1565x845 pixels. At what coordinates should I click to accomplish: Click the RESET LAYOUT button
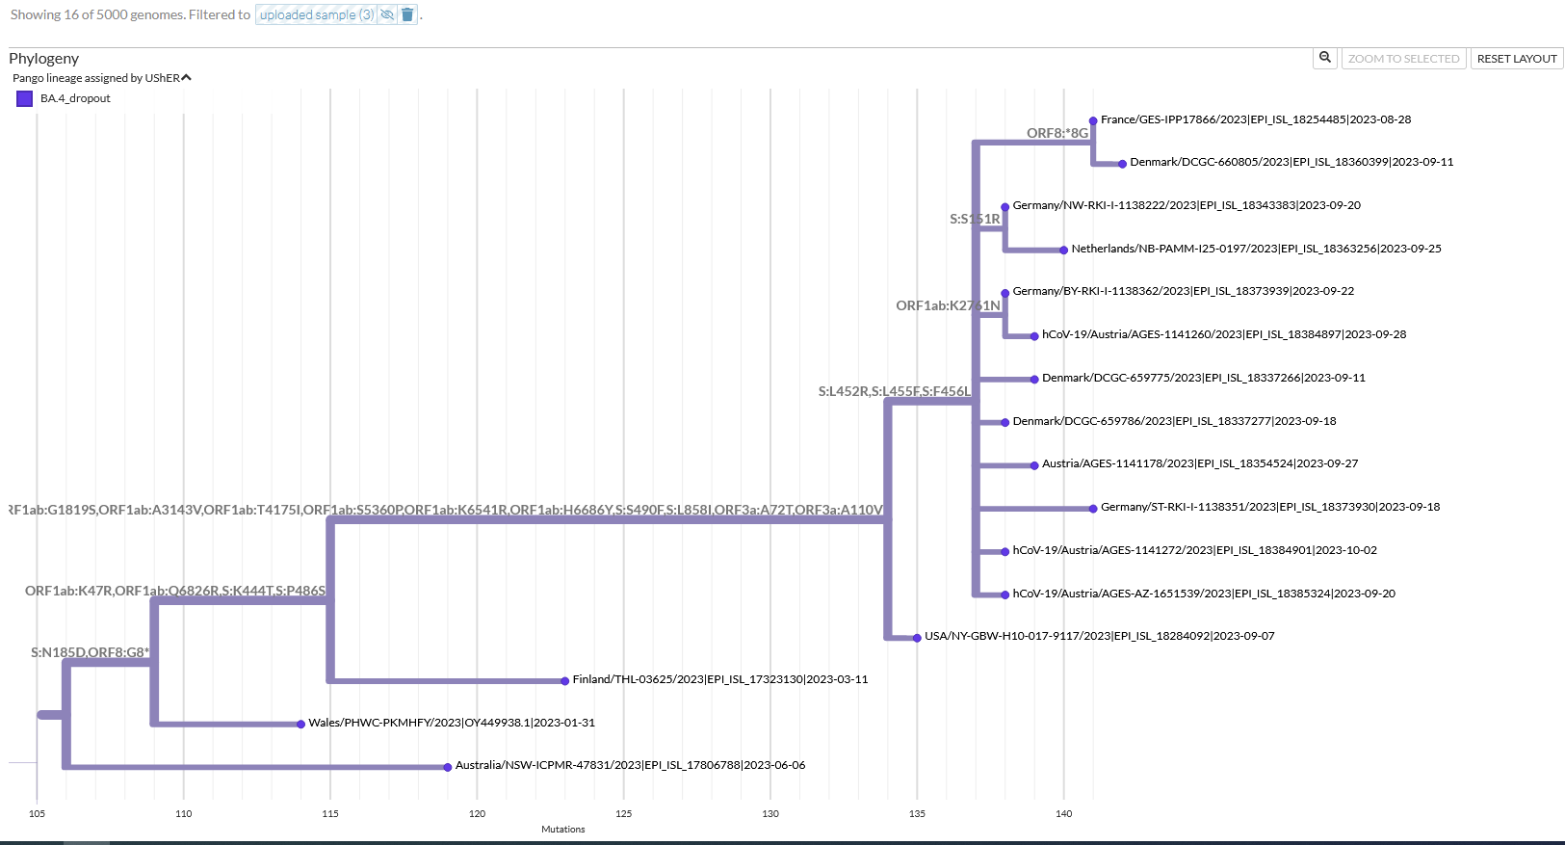[x=1516, y=59]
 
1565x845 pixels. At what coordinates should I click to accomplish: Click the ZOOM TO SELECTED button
[x=1403, y=59]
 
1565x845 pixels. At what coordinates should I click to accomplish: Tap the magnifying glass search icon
[x=1325, y=58]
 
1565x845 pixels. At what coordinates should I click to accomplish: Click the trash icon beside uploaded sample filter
[x=407, y=14]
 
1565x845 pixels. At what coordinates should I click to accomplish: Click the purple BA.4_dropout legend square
[x=25, y=98]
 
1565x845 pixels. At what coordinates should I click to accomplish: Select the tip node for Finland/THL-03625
[x=565, y=681]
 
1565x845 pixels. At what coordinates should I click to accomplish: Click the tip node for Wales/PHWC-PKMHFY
[x=301, y=724]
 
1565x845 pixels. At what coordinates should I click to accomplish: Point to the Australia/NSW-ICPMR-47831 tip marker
[x=448, y=767]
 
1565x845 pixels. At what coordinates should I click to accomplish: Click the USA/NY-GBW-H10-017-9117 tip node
[x=917, y=638]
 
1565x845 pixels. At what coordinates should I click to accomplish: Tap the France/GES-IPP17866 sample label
[x=1255, y=119]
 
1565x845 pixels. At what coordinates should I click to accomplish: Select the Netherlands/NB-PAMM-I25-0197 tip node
[x=1063, y=250]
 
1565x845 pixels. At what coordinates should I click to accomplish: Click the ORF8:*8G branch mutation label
[x=1056, y=133]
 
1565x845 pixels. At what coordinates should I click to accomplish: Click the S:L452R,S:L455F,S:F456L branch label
[x=894, y=391]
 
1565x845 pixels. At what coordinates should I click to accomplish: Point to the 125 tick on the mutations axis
[x=624, y=813]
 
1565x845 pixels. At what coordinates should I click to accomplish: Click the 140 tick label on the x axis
[x=1063, y=813]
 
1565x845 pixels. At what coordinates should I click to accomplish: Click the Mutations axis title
[x=562, y=829]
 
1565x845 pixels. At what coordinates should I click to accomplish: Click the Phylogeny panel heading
[x=44, y=59]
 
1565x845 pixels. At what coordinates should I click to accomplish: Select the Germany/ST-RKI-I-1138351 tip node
[x=1093, y=509]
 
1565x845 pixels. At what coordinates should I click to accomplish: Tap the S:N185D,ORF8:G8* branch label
[x=90, y=652]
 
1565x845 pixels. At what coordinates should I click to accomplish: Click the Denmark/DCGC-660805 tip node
[x=1122, y=164]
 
